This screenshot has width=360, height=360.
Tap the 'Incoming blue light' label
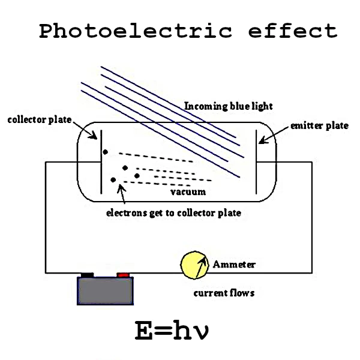point(228,106)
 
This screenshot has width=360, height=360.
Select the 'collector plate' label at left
point(39,119)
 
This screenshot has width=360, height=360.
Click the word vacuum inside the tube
point(188,192)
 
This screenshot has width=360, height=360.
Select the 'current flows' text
point(223,293)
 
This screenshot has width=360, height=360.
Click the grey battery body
point(106,291)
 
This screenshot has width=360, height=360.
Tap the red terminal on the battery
point(124,275)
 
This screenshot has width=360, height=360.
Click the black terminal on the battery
point(88,275)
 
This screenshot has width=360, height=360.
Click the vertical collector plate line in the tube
point(100,162)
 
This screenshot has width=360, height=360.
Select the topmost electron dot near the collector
point(105,151)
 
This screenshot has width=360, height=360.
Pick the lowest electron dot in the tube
point(113,179)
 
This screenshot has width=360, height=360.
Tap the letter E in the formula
point(144,331)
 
